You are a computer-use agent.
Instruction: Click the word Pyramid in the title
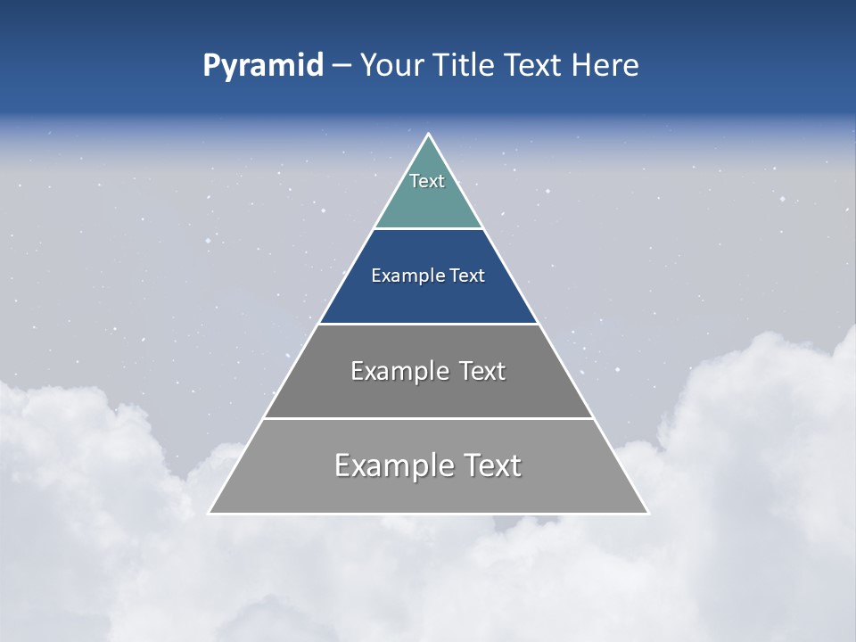[262, 66]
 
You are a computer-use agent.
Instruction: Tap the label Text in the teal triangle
[427, 181]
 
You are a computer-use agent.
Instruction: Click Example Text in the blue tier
[428, 276]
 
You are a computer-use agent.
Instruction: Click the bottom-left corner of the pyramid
[210, 513]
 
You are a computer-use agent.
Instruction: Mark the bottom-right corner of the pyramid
[647, 513]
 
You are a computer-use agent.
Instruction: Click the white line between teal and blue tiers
[428, 229]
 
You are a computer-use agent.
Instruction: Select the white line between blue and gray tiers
[428, 324]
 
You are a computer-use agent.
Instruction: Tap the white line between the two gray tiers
[428, 418]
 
